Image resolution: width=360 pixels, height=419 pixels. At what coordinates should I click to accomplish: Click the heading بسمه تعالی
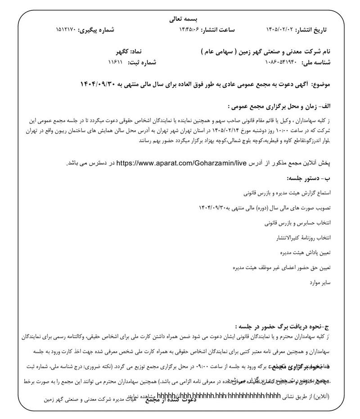coord(180,19)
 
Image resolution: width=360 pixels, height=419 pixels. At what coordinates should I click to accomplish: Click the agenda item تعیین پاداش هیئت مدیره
coord(305,253)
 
